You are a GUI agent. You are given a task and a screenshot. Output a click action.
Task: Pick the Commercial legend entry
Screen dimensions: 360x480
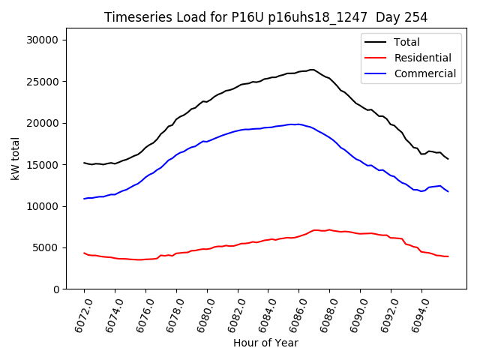tap(424, 73)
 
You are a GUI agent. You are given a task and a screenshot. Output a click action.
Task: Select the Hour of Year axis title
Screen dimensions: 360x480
tap(265, 343)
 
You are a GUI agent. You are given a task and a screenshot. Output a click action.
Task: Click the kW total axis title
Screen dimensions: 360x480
tap(15, 158)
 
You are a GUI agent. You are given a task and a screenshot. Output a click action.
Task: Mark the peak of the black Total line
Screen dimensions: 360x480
tap(311, 70)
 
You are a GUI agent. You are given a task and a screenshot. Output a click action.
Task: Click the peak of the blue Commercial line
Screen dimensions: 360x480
tap(298, 124)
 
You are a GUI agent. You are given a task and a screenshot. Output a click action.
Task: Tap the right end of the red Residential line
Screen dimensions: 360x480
tap(448, 256)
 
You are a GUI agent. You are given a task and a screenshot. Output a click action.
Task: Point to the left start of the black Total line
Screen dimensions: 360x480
tap(84, 163)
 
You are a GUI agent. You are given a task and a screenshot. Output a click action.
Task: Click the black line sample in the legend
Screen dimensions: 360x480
tap(376, 42)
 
